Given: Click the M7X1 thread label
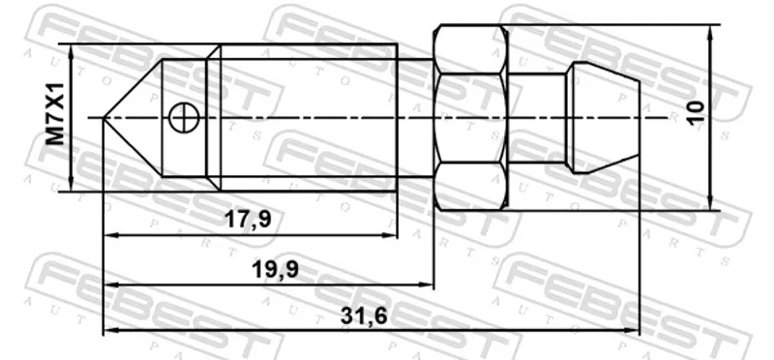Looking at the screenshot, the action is [55, 113].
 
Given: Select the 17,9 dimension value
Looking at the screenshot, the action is [248, 220].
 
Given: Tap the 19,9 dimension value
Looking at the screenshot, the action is [276, 270].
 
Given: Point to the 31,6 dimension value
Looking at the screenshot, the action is [364, 316].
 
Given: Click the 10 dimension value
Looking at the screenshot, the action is [697, 113].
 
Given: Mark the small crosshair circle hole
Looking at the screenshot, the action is [184, 118].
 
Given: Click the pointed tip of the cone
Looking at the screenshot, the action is [104, 118].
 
